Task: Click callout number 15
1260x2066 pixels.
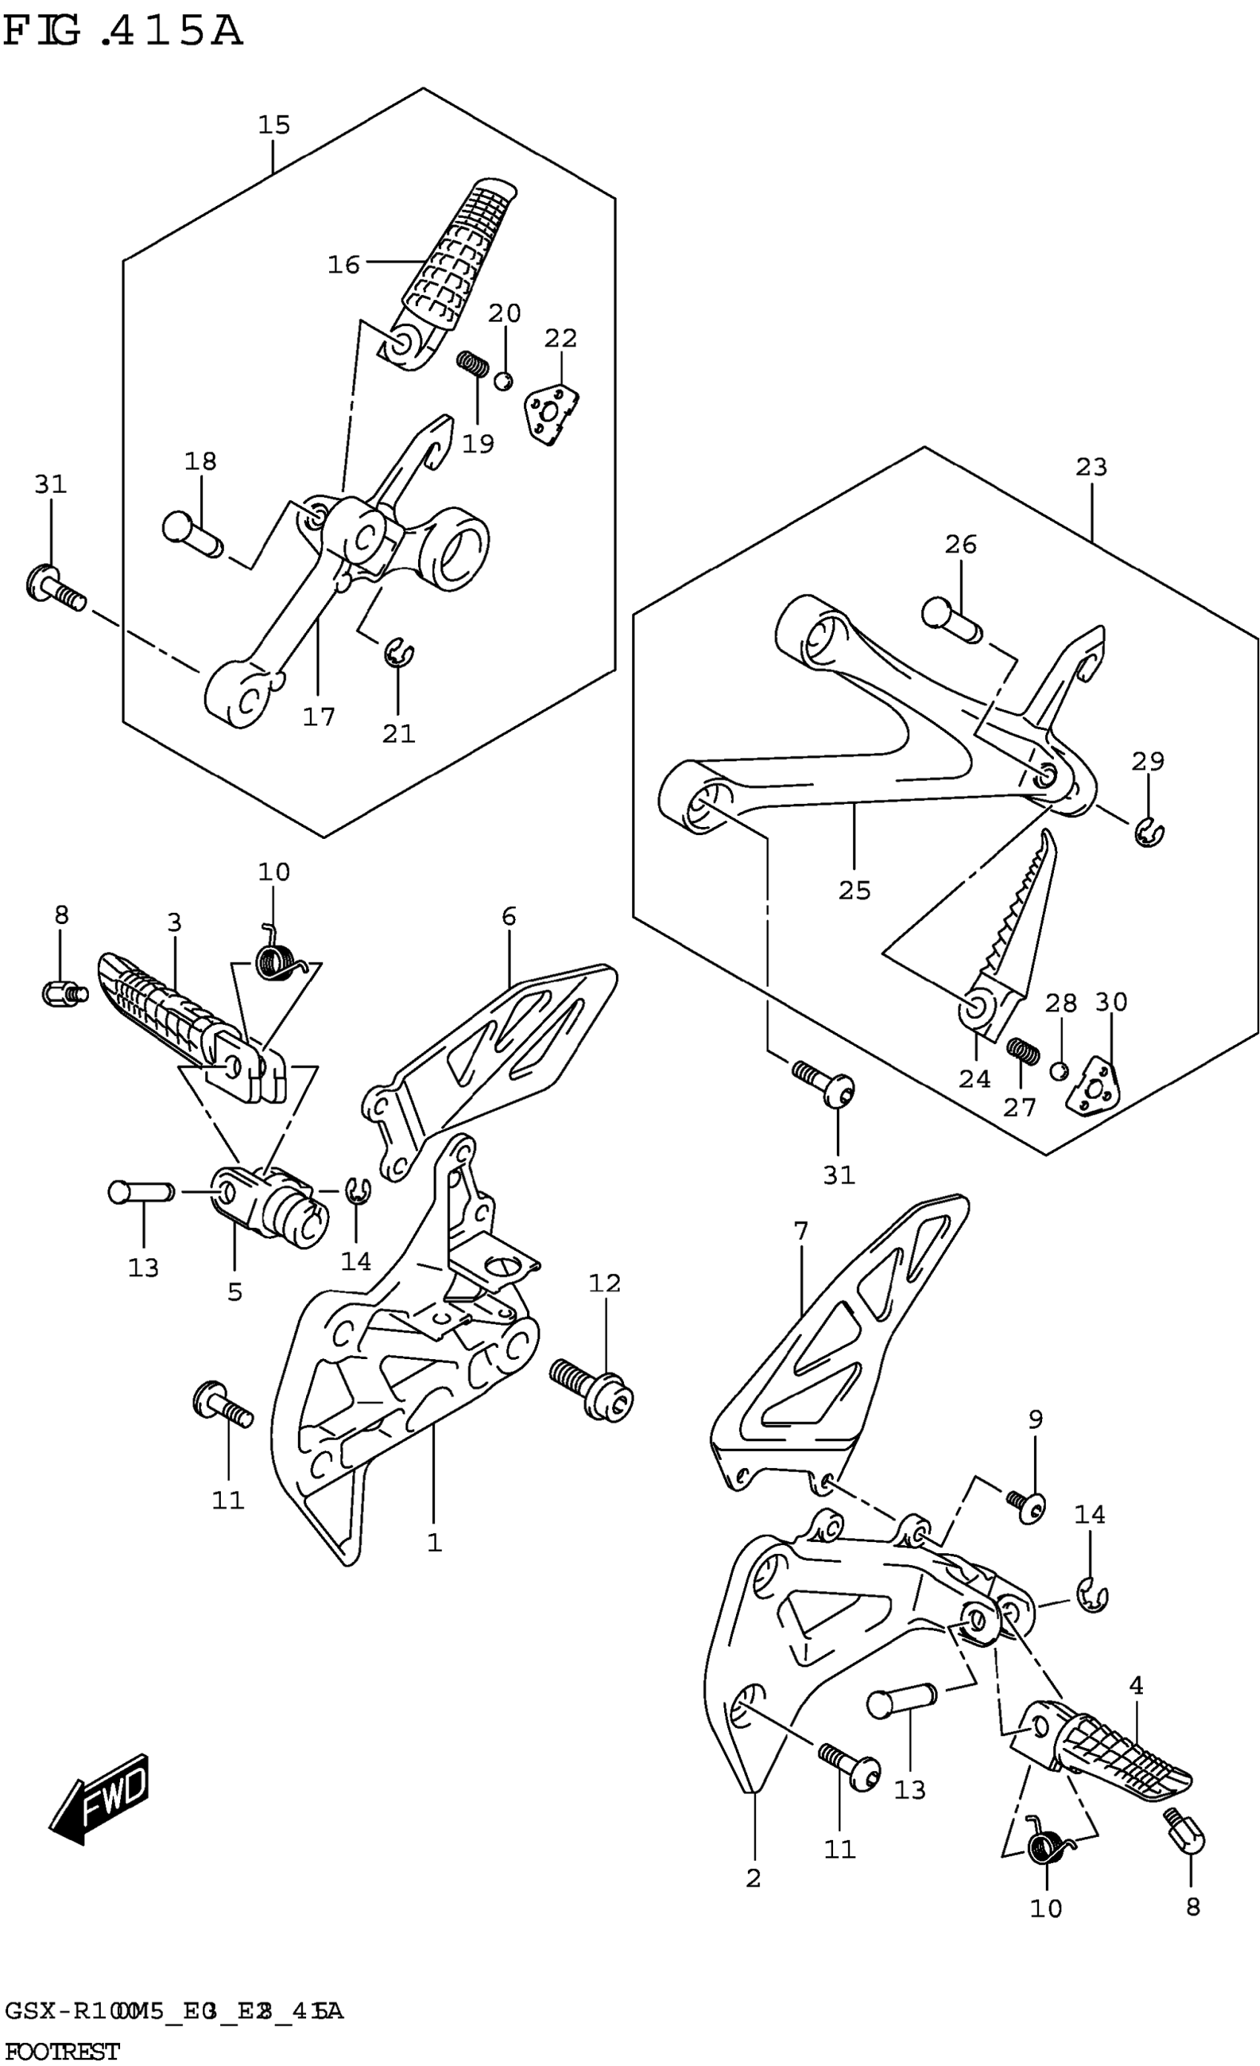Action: coord(273,125)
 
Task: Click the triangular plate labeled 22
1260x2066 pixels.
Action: coord(551,413)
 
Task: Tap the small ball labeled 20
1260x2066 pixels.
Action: coord(503,382)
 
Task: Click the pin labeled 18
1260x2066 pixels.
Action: coord(191,534)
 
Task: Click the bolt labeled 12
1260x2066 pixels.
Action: coord(593,1392)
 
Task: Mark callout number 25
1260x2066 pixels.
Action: coord(854,891)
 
